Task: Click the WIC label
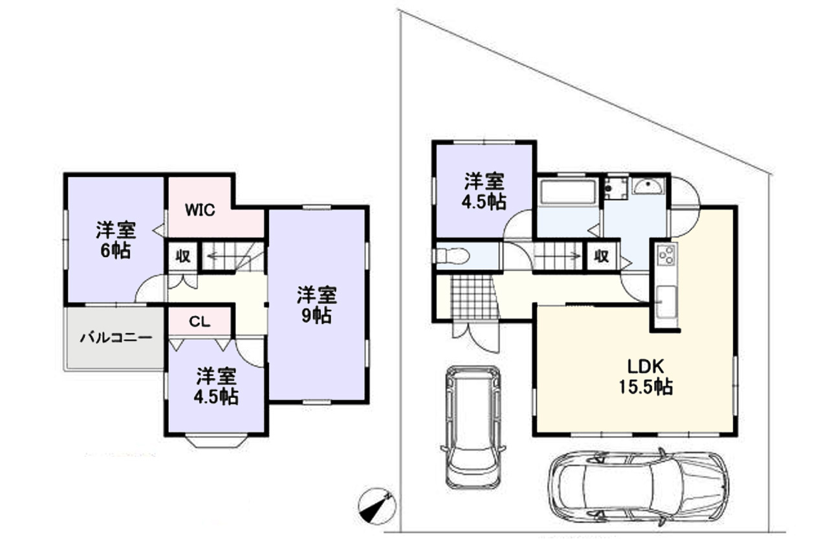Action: [200, 210]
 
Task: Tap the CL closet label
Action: [200, 322]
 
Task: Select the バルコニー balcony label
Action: [116, 338]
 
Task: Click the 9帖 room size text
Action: [316, 315]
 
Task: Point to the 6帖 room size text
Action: [115, 250]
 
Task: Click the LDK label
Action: [646, 366]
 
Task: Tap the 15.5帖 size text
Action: [646, 387]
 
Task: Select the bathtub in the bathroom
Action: [568, 191]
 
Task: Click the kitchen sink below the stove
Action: [667, 302]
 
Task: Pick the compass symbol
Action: [377, 506]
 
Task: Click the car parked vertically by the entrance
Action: [473, 427]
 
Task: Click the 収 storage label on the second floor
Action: [182, 256]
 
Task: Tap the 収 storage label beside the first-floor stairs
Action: [602, 256]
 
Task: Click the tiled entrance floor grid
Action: [474, 298]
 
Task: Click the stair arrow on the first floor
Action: [559, 255]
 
